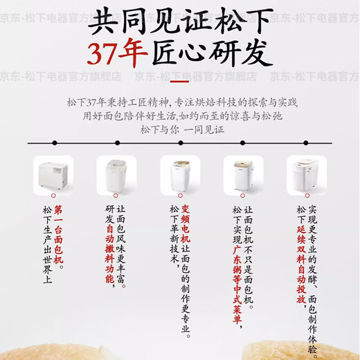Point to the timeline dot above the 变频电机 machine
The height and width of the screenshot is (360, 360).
pos(180,143)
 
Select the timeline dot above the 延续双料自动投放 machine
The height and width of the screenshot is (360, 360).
pos(305,143)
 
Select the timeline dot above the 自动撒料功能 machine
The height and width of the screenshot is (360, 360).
pos(117,143)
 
